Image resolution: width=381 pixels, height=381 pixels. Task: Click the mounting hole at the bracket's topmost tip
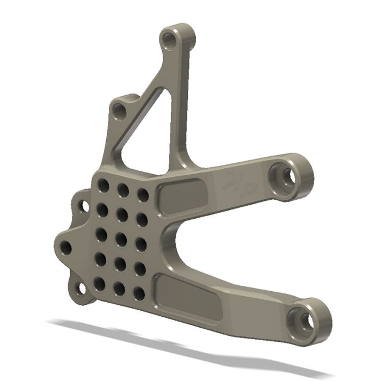coord(172,40)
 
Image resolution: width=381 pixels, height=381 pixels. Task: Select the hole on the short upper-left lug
coord(120,113)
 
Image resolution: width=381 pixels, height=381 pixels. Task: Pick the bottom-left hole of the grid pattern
coord(100,283)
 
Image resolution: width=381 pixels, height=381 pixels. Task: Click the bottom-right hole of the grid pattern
coord(139,294)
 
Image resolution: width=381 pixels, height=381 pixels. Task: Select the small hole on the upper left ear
coord(84,206)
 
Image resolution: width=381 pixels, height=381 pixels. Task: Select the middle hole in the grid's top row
coord(123,190)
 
